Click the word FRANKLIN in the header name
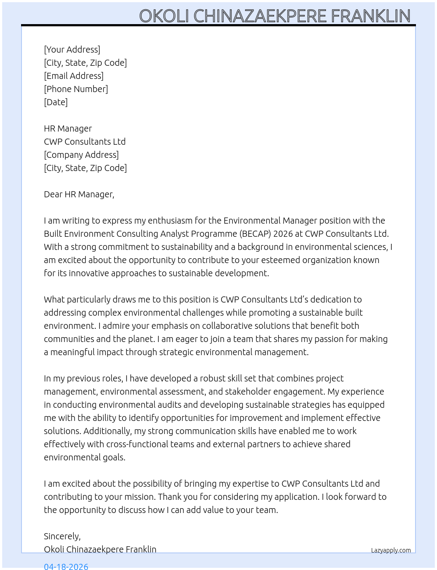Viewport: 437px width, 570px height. (370, 16)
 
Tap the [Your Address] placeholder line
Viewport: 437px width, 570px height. (72, 50)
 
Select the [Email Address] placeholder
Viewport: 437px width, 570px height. (74, 76)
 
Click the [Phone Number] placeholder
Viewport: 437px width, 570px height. (76, 89)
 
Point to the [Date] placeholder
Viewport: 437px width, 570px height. (56, 102)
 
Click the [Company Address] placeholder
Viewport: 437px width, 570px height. (81, 155)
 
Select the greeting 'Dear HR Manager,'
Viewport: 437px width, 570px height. (79, 194)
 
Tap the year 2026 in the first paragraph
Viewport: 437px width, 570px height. (283, 234)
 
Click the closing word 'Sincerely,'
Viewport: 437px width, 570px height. (62, 536)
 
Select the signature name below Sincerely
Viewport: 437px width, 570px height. (100, 549)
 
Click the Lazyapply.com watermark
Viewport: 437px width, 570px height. (391, 550)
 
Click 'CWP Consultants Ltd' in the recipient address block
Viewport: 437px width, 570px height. (85, 142)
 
